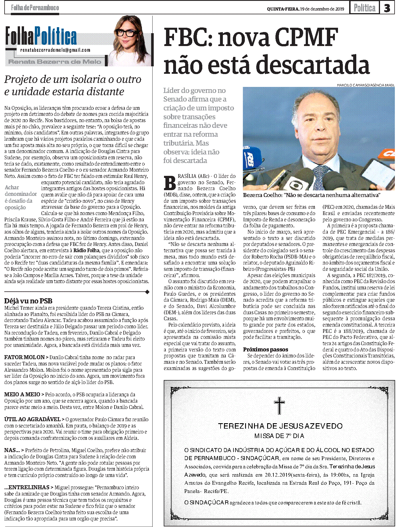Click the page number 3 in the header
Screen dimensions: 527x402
click(387, 8)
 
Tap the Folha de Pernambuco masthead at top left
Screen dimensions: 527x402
click(35, 8)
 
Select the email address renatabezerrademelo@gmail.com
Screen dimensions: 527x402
click(55, 50)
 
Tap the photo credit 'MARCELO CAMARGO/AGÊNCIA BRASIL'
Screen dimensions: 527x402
click(365, 85)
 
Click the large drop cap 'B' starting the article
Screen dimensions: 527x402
click(170, 183)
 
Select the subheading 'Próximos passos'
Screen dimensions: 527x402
click(265, 349)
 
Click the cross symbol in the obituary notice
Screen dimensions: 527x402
click(279, 405)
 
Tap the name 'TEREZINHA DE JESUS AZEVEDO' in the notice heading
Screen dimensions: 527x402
click(280, 426)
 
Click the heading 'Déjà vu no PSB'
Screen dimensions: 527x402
click(28, 301)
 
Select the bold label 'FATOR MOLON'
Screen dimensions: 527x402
click(24, 357)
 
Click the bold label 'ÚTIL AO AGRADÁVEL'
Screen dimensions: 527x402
click(32, 419)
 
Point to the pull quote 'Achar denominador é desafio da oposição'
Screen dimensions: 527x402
click(21, 197)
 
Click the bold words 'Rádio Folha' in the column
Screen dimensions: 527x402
click(86, 250)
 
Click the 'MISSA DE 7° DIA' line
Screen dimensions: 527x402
click(279, 436)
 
